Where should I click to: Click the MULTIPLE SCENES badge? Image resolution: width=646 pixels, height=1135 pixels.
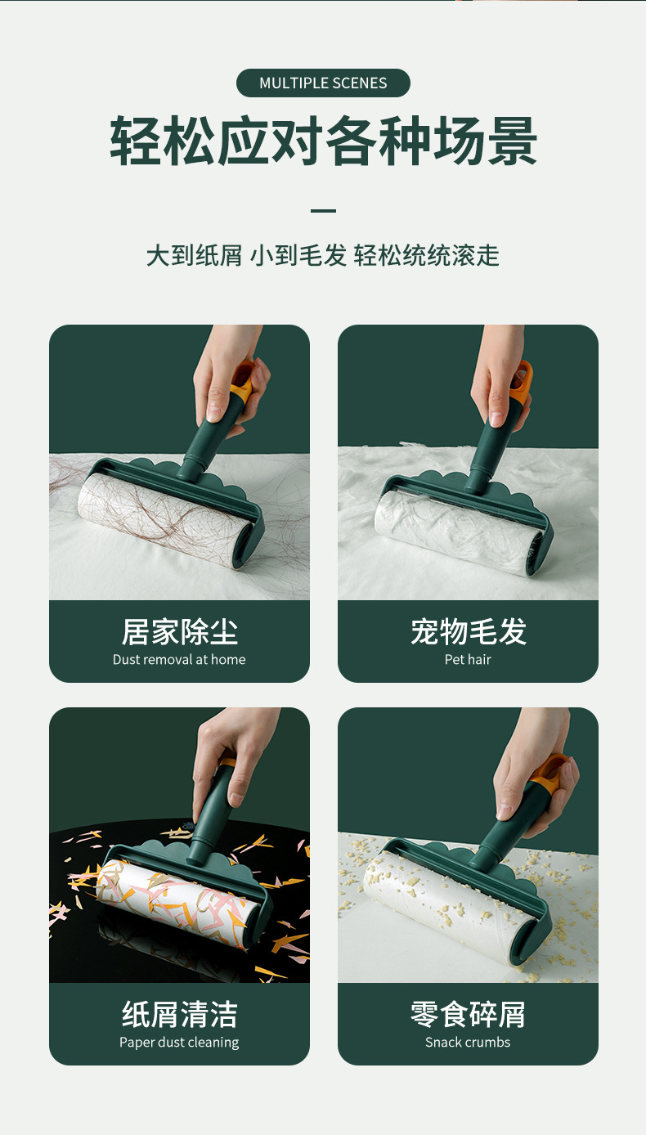pyautogui.click(x=323, y=83)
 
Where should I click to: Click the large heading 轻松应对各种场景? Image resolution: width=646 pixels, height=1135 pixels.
pyautogui.click(x=323, y=141)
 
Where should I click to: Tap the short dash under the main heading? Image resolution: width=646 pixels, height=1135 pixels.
pyautogui.click(x=323, y=211)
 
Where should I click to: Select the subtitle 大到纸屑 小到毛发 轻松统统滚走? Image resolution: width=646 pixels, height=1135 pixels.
pyautogui.click(x=323, y=255)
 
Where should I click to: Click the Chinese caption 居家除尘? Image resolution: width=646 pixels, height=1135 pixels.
pyautogui.click(x=179, y=632)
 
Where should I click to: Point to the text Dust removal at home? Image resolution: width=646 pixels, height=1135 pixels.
pyautogui.click(x=179, y=660)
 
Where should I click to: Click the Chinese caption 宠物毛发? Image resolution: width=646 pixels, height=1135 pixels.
pyautogui.click(x=469, y=632)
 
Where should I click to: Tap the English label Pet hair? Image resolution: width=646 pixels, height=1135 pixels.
pyautogui.click(x=469, y=660)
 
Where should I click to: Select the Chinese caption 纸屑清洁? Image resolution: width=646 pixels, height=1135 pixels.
pyautogui.click(x=179, y=1015)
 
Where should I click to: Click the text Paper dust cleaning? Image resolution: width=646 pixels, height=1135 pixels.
pyautogui.click(x=179, y=1043)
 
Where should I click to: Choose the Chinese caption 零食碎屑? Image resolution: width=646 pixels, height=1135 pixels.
pyautogui.click(x=469, y=1015)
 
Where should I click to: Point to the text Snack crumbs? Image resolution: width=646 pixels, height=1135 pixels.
pyautogui.click(x=469, y=1043)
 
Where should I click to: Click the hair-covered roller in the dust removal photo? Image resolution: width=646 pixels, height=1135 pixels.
pyautogui.click(x=162, y=512)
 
